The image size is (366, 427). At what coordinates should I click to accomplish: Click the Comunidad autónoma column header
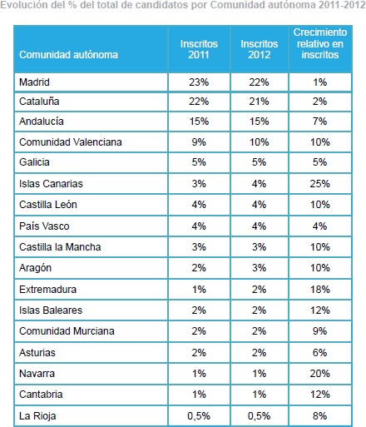pyautogui.click(x=68, y=55)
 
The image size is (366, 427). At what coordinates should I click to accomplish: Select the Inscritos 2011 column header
pyautogui.click(x=199, y=49)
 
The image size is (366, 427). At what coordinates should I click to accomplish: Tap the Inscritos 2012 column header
pyautogui.click(x=259, y=49)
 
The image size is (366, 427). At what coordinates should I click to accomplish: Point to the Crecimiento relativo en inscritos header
pyautogui.click(x=320, y=43)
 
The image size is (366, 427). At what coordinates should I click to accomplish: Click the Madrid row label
pyautogui.click(x=34, y=82)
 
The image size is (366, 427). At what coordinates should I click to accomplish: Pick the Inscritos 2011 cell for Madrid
pyautogui.click(x=199, y=82)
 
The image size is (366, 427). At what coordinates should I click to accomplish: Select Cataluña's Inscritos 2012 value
pyautogui.click(x=259, y=102)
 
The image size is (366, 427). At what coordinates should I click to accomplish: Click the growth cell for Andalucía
pyautogui.click(x=320, y=122)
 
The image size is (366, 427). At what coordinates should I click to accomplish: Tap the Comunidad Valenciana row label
pyautogui.click(x=71, y=142)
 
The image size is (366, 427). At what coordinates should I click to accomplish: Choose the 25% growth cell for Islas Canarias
pyautogui.click(x=320, y=184)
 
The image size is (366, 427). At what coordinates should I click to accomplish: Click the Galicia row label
pyautogui.click(x=34, y=162)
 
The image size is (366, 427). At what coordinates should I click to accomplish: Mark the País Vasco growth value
pyautogui.click(x=320, y=226)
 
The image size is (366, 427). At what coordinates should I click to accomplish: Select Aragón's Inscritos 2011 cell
pyautogui.click(x=199, y=268)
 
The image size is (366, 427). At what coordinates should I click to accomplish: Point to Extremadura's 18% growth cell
pyautogui.click(x=320, y=290)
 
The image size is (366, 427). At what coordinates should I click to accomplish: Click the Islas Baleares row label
pyautogui.click(x=51, y=310)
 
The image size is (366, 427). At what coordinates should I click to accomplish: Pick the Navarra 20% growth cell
pyautogui.click(x=320, y=374)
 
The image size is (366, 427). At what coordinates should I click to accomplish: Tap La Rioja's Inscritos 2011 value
pyautogui.click(x=199, y=416)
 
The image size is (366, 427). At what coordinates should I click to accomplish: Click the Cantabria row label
pyautogui.click(x=41, y=395)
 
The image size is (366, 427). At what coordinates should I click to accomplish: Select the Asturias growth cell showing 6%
pyautogui.click(x=320, y=353)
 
